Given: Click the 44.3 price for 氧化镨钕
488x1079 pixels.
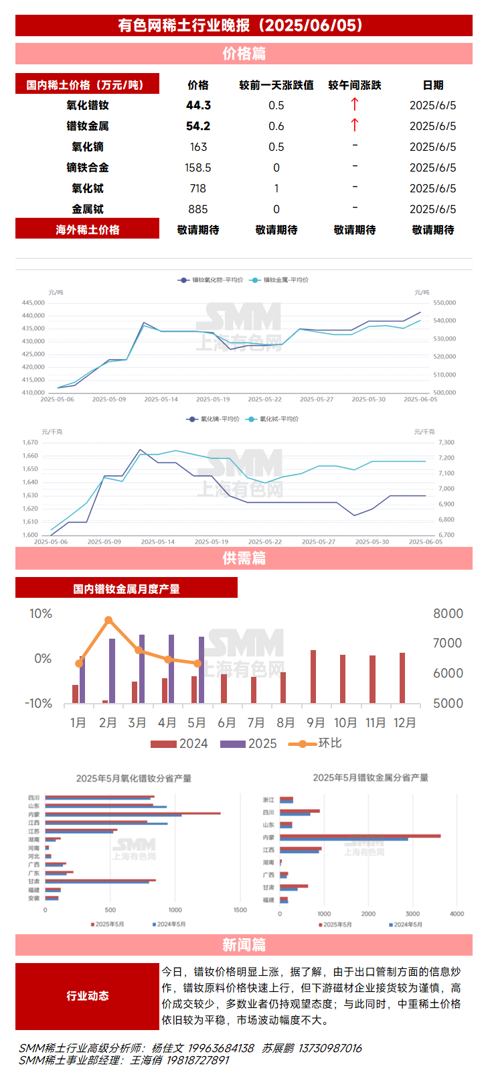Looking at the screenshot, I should pos(198,105).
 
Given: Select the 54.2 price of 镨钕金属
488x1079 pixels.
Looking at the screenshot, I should pos(198,126).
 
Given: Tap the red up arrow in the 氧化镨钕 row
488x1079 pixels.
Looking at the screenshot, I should pos(355,104).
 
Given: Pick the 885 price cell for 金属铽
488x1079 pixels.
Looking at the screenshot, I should pos(198,209).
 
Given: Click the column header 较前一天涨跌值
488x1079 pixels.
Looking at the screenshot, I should pos(276,85).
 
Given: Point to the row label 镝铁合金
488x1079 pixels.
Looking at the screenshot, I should pos(88,168).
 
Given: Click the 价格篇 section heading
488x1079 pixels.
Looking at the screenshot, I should pos(244,54).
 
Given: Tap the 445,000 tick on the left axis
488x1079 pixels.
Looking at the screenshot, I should pos(33,303).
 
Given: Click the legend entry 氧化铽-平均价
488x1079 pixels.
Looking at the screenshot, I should pos(278,419).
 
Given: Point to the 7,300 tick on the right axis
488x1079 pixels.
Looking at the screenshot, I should pos(446,443).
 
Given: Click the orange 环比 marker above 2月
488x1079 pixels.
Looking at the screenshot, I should pos(108,621).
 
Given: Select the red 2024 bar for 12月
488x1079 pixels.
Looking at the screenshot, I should pos(402,678).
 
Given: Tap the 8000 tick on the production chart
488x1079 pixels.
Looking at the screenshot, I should pos(448,614).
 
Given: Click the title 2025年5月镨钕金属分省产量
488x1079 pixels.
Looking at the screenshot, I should pos(370,777).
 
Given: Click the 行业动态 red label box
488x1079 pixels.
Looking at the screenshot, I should pos(87,996).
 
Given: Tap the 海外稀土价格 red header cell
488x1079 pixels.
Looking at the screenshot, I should pos(87,230).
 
